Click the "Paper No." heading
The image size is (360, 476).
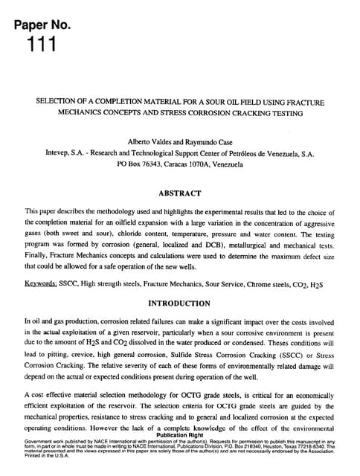pyautogui.click(x=42, y=25)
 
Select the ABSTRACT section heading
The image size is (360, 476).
pyautogui.click(x=179, y=193)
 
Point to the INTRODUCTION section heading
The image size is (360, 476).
pyautogui.click(x=179, y=303)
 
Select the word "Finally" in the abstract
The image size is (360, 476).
pyautogui.click(x=38, y=254)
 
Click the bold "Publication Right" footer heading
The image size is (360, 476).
pyautogui.click(x=179, y=438)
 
